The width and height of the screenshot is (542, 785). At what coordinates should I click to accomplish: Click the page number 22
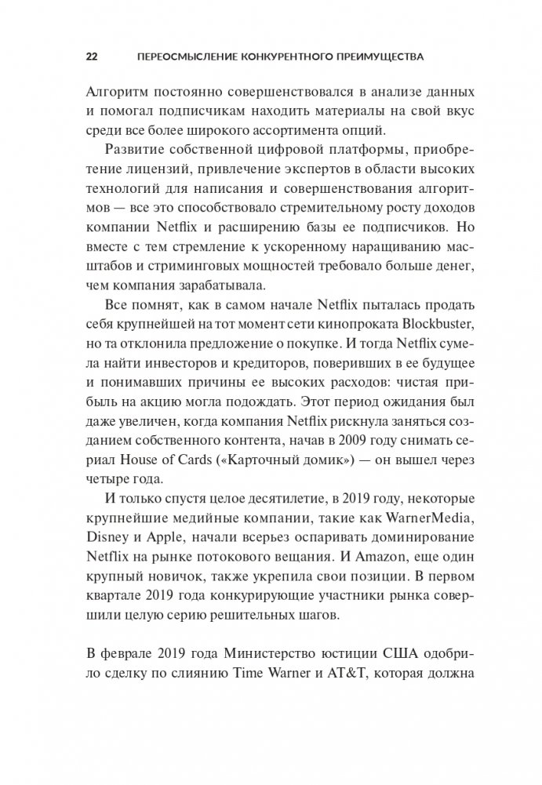pos(91,57)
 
